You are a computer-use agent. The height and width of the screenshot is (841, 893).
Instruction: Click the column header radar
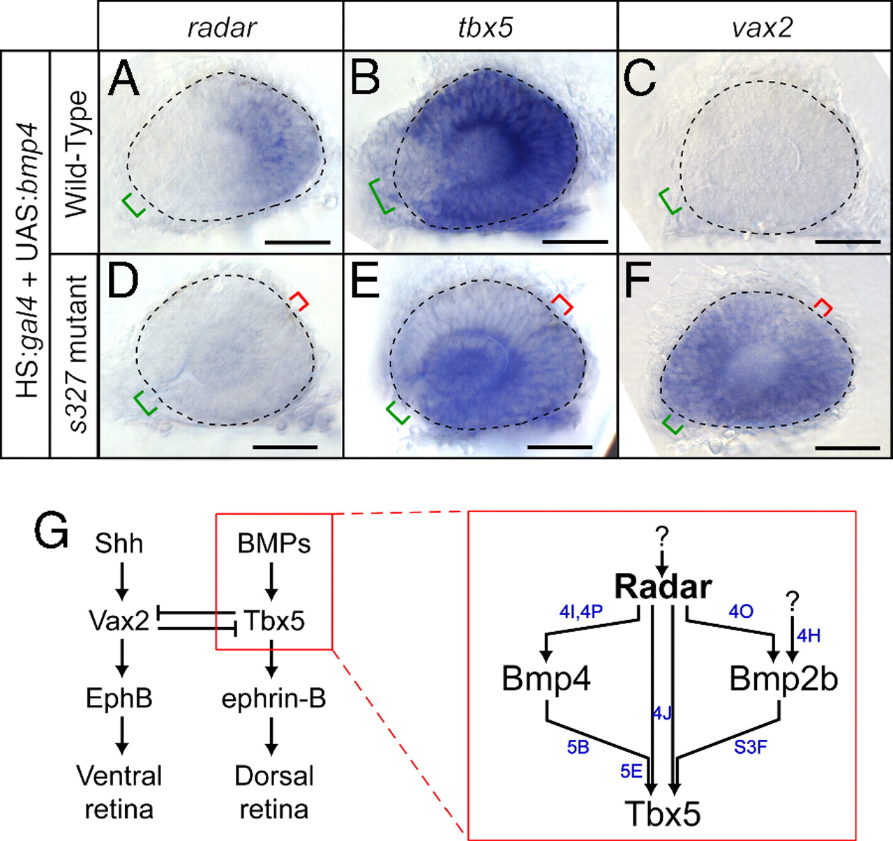222,28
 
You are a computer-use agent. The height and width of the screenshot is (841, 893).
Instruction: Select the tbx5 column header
485,28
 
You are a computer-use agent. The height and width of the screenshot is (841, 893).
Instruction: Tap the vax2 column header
762,28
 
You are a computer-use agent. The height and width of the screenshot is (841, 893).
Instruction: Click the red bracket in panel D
299,301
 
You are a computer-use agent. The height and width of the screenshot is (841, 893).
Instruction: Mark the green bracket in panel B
380,196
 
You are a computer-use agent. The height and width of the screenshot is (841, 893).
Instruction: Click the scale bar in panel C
847,242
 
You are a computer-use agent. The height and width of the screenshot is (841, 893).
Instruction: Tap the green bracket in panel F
673,424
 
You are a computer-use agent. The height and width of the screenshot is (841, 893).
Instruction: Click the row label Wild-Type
75,154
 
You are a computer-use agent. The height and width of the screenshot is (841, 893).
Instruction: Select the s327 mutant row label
76,355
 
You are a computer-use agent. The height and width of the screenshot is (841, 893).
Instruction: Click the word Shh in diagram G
119,544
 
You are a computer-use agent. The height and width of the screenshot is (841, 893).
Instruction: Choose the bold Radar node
663,587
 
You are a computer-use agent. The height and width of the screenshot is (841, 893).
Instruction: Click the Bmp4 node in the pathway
546,679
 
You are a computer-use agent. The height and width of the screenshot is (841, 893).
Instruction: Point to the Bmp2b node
783,679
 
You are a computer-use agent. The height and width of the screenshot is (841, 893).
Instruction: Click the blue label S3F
750,747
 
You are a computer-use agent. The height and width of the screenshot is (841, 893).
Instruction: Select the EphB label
119,699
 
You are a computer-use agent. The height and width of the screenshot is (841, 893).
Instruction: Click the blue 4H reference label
809,635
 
